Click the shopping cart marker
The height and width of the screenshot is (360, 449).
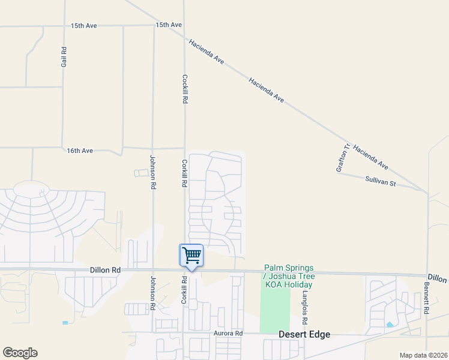191,255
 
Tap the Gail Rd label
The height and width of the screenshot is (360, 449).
64,57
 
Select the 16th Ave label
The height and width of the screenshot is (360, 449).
80,151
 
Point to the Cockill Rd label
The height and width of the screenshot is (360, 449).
185,90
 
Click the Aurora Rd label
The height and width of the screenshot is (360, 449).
228,333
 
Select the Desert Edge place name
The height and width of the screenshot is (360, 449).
304,334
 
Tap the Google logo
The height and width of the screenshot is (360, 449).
20,353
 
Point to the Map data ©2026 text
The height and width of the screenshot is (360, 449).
423,355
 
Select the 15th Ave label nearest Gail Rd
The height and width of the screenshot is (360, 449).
83,26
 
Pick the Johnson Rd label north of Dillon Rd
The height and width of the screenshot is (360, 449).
152,172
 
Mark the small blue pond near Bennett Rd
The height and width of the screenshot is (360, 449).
390,325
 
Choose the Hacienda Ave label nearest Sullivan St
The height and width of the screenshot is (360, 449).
370,157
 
